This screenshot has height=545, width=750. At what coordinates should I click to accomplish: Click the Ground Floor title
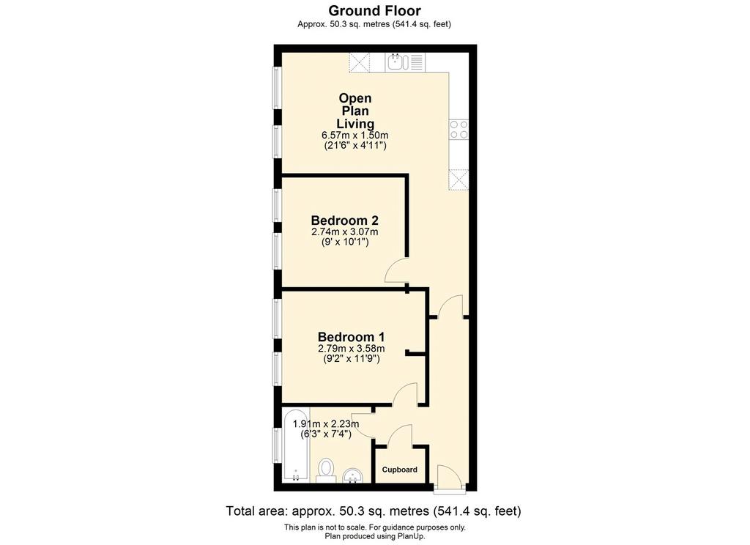click(374, 10)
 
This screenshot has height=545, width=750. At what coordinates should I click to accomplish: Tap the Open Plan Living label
click(355, 111)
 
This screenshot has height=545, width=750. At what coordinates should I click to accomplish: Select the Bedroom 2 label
click(344, 220)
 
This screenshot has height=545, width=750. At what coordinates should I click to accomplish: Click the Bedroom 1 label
click(351, 337)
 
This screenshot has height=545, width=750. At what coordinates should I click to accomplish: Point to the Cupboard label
click(399, 470)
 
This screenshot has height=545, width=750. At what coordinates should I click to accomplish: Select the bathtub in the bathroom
click(296, 445)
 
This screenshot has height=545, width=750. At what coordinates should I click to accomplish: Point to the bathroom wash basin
click(354, 475)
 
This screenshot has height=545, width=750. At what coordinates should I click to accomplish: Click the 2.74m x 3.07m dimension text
click(344, 232)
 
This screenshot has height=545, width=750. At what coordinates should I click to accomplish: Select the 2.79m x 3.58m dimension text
click(351, 349)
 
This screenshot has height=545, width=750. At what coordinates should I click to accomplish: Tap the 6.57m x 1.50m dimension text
click(355, 136)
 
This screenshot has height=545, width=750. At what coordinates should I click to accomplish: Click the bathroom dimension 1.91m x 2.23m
click(326, 424)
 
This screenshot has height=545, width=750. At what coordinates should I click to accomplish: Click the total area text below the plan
click(374, 511)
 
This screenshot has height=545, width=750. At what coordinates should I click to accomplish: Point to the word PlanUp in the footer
click(412, 536)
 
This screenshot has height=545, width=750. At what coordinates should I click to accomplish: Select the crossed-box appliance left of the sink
click(359, 62)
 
